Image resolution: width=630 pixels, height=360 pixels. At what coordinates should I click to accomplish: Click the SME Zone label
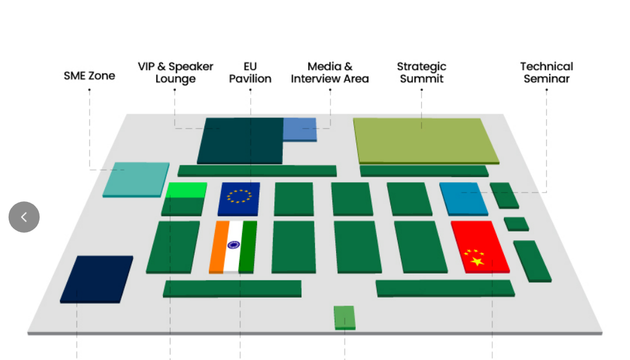coord(89,76)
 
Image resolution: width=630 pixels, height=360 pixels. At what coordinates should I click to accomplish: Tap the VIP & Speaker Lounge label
coord(175,72)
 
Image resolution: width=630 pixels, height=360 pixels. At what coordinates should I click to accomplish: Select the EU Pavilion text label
coord(250,72)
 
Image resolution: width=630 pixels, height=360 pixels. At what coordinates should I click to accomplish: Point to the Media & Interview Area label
coord(330,72)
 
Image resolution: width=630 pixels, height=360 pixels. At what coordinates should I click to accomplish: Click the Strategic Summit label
coord(422,72)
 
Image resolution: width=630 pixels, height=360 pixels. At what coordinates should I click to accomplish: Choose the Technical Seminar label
coord(546,72)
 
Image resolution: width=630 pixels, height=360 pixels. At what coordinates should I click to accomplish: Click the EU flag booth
coord(239,198)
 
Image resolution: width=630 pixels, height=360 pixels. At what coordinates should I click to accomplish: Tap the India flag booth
coord(233,246)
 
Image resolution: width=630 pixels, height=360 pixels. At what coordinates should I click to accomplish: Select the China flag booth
coord(480,246)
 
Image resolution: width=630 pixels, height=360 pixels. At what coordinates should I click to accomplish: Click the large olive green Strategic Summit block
coord(425,140)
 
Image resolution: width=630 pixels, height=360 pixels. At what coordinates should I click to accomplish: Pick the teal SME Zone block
coord(136,178)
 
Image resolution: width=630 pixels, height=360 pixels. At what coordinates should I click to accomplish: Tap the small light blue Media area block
coord(300,128)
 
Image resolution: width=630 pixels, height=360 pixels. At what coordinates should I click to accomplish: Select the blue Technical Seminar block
coord(463,198)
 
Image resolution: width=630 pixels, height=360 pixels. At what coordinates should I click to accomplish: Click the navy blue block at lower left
coord(97,278)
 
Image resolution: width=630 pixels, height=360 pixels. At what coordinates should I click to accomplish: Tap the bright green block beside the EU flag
coord(187,190)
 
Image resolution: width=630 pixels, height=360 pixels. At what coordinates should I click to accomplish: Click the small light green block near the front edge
coord(345,317)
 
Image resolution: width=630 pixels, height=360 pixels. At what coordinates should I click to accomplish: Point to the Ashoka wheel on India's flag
coord(233,245)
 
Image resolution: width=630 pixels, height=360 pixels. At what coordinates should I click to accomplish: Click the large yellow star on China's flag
coord(477,262)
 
